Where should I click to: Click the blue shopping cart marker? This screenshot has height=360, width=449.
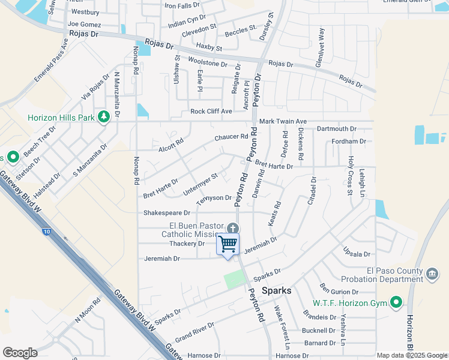[x=228, y=244]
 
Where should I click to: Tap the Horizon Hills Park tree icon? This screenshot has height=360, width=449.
[x=103, y=116]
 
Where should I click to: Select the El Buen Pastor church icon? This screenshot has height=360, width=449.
[x=233, y=228]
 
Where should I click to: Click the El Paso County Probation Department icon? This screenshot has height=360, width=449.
[x=432, y=275]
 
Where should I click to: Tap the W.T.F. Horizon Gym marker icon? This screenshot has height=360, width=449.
[x=396, y=302]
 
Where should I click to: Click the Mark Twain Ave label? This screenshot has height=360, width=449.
[x=283, y=121]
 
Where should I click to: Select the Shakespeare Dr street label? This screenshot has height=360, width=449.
[x=167, y=213]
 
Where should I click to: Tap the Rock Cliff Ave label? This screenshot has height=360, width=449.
[x=211, y=111]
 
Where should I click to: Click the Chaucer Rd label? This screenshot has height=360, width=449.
[x=231, y=137]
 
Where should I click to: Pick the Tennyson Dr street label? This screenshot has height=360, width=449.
[x=214, y=199]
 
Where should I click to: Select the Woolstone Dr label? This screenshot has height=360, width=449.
[x=208, y=63]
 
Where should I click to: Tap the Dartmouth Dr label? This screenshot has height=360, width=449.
[x=336, y=129]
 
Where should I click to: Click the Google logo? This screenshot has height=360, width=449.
[x=20, y=353]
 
